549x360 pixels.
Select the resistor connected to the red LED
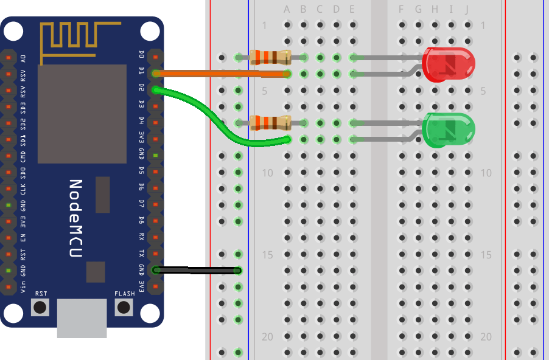[x=270, y=58]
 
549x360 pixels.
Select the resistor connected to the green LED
[x=270, y=123]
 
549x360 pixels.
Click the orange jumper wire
[x=219, y=74]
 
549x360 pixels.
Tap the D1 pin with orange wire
[x=156, y=73]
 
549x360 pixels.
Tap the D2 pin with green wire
[x=156, y=89]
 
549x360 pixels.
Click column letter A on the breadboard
[x=287, y=9]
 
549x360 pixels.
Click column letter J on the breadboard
[x=467, y=9]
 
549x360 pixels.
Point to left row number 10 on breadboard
[x=267, y=173]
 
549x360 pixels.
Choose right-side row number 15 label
[x=485, y=255]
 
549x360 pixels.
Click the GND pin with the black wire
[x=156, y=269]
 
